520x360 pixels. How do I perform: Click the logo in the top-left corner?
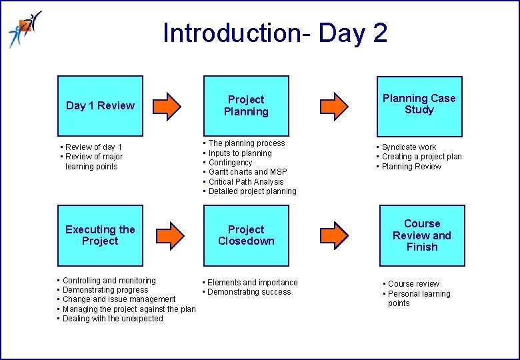pos(24,29)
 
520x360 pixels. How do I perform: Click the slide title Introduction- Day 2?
pos(275,33)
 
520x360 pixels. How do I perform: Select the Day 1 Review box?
pos(100,105)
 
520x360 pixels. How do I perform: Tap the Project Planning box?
pos(246,105)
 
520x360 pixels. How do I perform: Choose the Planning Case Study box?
pos(419,104)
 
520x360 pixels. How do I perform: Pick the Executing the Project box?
pos(100,235)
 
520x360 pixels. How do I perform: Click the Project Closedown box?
pos(246,235)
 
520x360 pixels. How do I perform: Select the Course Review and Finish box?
pos(421,235)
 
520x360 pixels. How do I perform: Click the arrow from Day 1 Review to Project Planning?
pos(173,105)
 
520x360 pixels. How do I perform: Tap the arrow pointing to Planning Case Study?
pos(333,105)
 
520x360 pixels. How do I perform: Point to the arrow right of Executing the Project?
pos(173,234)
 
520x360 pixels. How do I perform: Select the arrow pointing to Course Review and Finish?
pos(333,234)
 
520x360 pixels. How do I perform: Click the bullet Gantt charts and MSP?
pos(247,172)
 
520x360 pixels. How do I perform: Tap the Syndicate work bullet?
pos(409,147)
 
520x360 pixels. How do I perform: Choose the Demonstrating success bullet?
pos(249,292)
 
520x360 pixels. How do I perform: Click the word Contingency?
pos(231,163)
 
